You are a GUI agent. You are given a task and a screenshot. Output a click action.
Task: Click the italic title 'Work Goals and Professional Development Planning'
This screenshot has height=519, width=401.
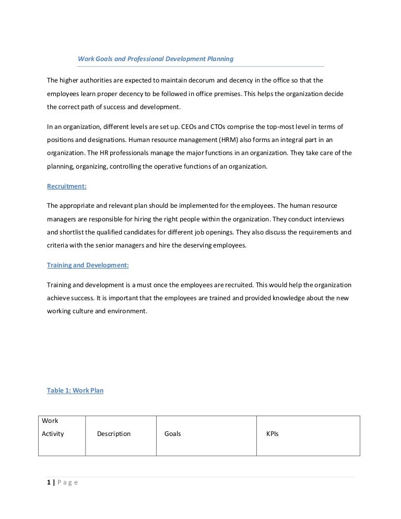[155, 59]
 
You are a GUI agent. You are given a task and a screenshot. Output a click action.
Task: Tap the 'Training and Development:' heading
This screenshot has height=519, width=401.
[88, 265]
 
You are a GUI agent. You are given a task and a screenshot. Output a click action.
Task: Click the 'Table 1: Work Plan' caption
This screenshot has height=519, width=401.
[75, 390]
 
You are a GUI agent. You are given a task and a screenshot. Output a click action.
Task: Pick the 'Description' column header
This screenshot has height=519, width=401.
[114, 434]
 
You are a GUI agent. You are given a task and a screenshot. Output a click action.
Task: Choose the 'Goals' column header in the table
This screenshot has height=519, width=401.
[172, 434]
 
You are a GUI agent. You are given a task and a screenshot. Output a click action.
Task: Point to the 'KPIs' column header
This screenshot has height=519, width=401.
[272, 434]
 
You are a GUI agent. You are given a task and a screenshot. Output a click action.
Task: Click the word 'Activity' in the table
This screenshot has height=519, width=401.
[53, 434]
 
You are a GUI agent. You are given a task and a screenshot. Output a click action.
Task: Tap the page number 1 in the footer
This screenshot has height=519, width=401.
[49, 482]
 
